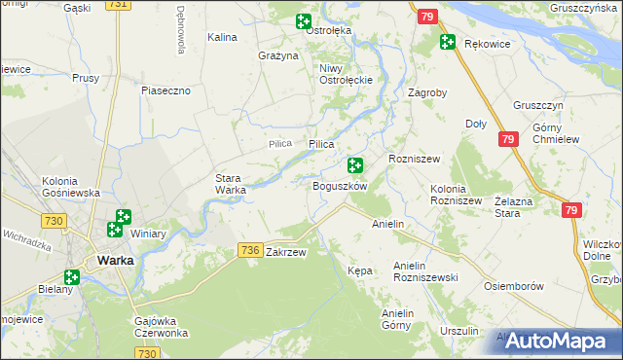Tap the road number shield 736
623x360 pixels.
[x=249, y=251]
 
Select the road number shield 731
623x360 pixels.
[x=118, y=5]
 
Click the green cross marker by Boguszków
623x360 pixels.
[x=355, y=166]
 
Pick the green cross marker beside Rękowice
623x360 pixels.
[x=447, y=42]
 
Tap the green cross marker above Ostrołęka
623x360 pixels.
[x=303, y=20]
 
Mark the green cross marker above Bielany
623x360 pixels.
[x=71, y=276]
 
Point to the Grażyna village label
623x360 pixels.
[x=277, y=56]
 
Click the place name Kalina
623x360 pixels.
[x=223, y=37]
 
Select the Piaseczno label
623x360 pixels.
[x=171, y=90]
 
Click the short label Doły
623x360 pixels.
[x=476, y=124]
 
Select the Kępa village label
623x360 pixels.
[x=360, y=270]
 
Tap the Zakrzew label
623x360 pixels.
[x=286, y=252]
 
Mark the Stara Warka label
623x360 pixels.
[x=231, y=184]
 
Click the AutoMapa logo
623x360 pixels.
[x=558, y=341]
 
